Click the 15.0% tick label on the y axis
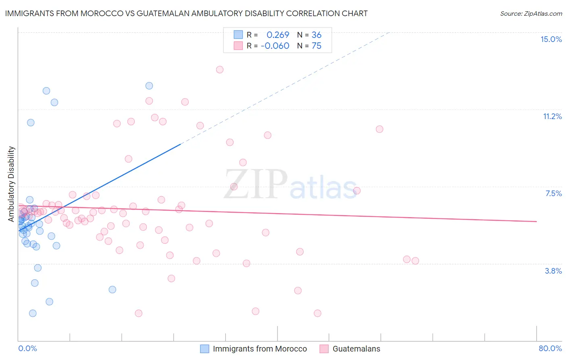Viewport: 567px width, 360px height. click(551, 39)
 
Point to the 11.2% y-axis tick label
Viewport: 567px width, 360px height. click(552, 116)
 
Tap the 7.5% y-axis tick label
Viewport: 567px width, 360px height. click(553, 193)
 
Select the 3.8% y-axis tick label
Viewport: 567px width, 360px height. click(553, 271)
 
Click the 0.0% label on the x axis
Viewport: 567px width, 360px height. click(27, 348)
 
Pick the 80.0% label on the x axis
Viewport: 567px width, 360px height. click(550, 348)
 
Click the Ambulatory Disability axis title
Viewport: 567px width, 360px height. click(11, 184)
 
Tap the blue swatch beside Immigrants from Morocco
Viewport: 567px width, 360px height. click(205, 349)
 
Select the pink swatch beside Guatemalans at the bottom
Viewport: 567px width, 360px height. click(324, 349)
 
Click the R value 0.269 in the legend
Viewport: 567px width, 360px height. click(278, 35)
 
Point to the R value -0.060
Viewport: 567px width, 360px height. click(275, 46)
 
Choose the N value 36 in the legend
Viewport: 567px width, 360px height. click(316, 35)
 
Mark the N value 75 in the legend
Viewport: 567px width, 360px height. click(316, 46)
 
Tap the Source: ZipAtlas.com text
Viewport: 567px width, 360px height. click(531, 13)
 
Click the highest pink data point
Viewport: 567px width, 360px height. click(220, 69)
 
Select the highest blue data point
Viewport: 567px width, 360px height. click(149, 86)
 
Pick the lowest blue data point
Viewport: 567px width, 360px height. click(33, 313)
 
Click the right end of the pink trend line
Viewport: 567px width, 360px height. click(536, 221)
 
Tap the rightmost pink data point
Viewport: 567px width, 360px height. click(415, 261)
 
